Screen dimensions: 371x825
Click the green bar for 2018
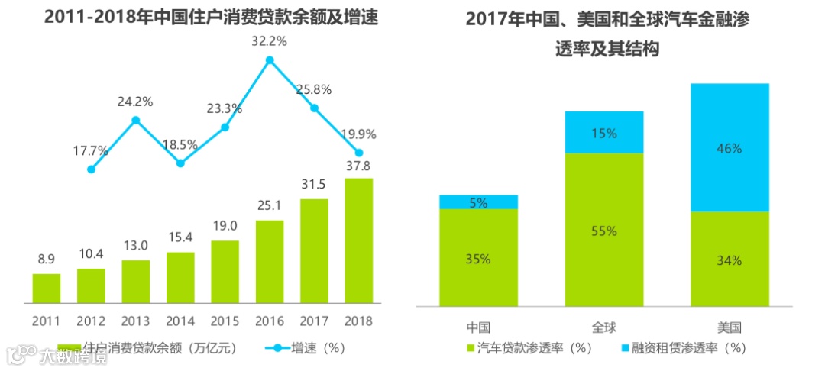(359, 240)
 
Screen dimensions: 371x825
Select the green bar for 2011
(47, 288)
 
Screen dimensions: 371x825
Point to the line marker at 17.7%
(92, 169)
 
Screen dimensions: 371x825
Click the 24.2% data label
(135, 101)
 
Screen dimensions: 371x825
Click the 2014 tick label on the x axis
(180, 321)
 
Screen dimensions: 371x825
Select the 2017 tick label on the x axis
(314, 321)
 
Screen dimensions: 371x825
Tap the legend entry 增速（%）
(306, 348)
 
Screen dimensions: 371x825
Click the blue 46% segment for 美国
(730, 147)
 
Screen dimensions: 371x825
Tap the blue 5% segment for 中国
(479, 202)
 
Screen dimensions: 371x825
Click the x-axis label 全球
(604, 327)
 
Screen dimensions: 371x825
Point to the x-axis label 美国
(730, 327)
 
